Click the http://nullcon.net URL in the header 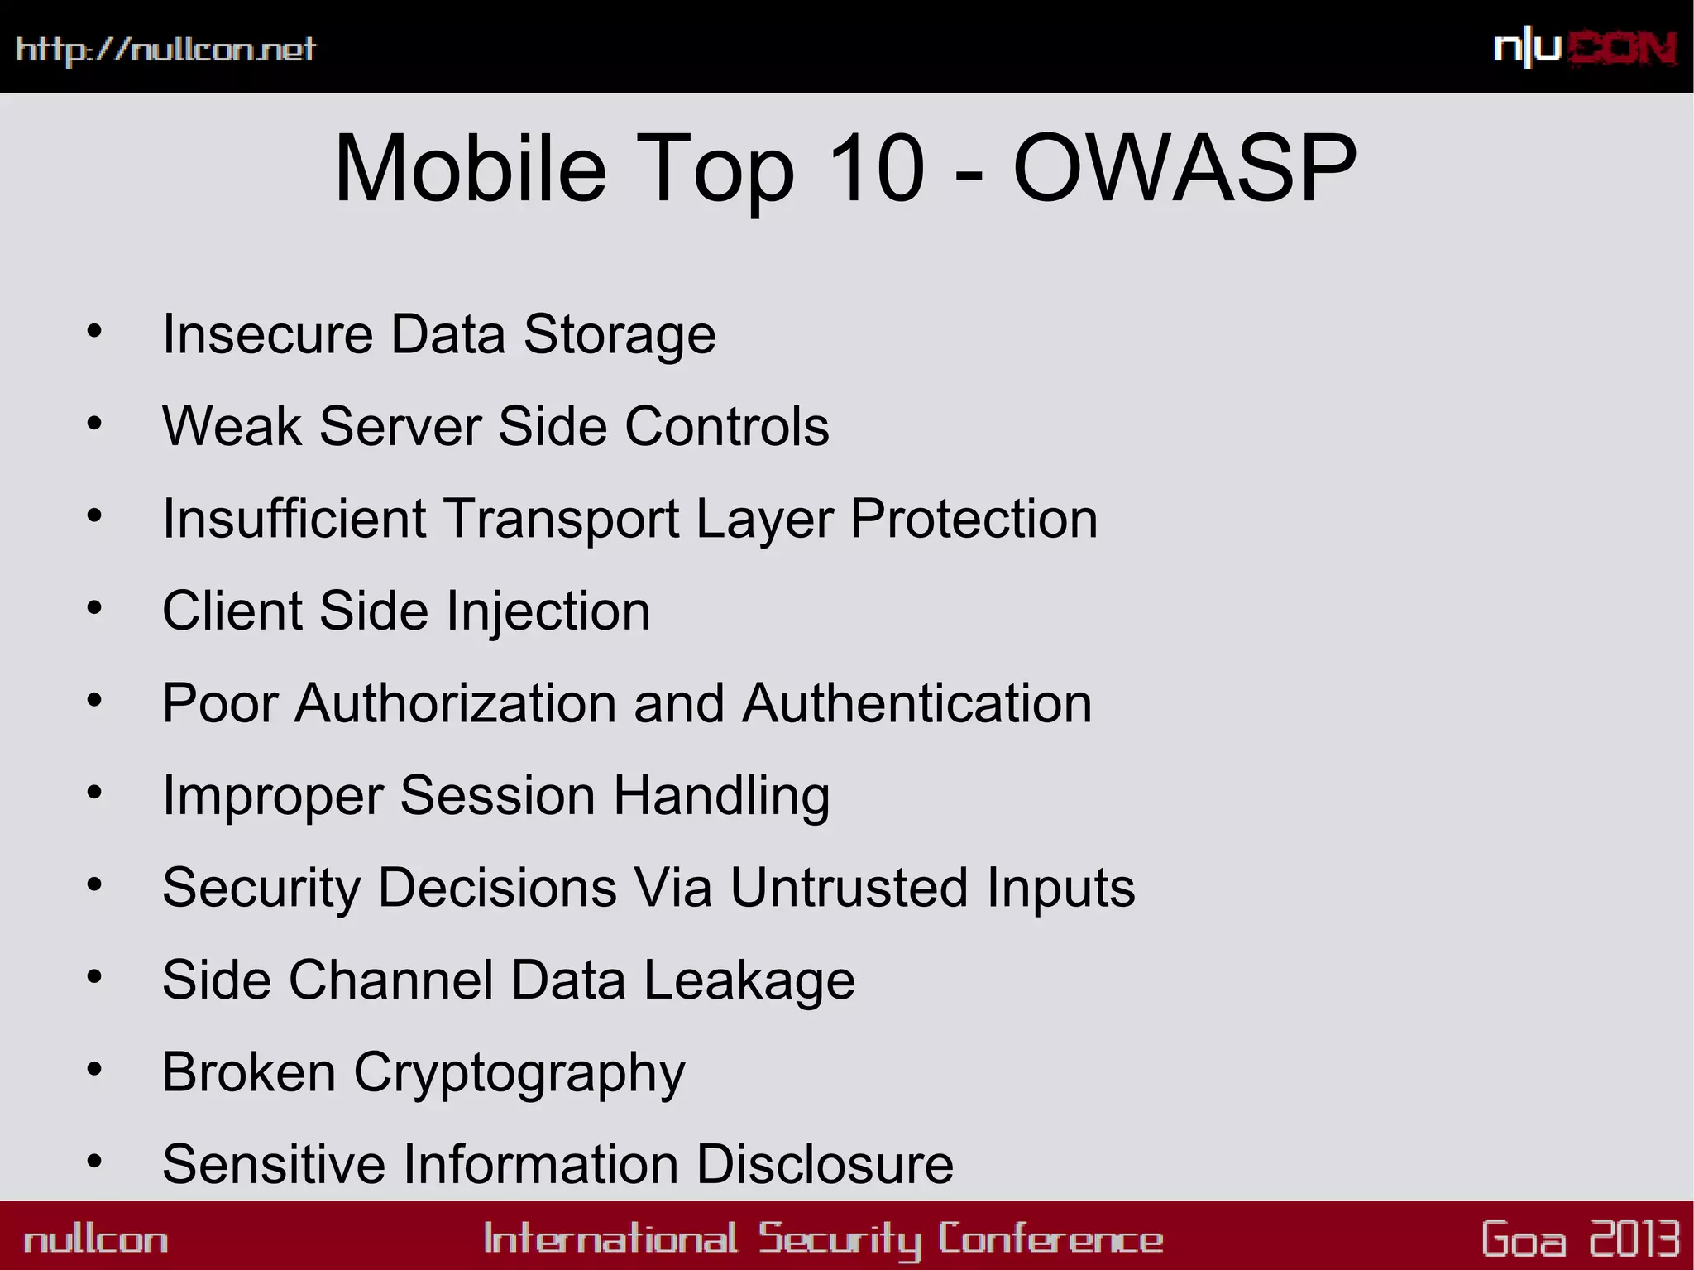coord(165,50)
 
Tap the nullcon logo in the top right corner coord(1585,49)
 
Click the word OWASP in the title coord(1184,169)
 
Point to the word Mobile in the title coord(470,169)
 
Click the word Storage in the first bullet coord(620,334)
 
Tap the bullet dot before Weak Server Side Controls coord(94,424)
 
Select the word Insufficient coord(294,519)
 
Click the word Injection coord(548,611)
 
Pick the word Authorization coord(455,703)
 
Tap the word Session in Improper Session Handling coord(497,796)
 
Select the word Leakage coord(749,980)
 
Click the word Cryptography coord(519,1073)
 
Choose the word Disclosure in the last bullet coord(825,1164)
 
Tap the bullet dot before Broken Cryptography coord(94,1070)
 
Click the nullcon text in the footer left coord(96,1239)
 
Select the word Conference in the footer coord(1050,1239)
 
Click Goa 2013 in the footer coord(1581,1239)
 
